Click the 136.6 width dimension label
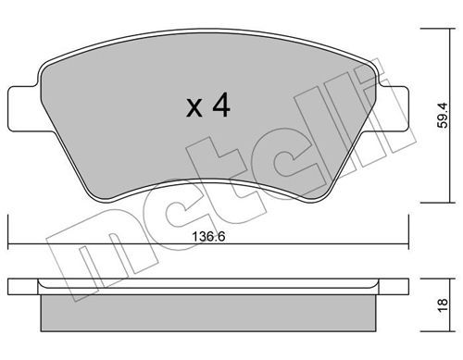[x=208, y=237]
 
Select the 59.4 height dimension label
[x=444, y=116]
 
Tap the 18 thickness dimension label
[x=443, y=306]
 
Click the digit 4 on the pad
[x=221, y=105]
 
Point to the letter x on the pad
[x=194, y=107]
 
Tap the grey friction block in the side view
[x=208, y=313]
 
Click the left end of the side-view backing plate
[x=9, y=287]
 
